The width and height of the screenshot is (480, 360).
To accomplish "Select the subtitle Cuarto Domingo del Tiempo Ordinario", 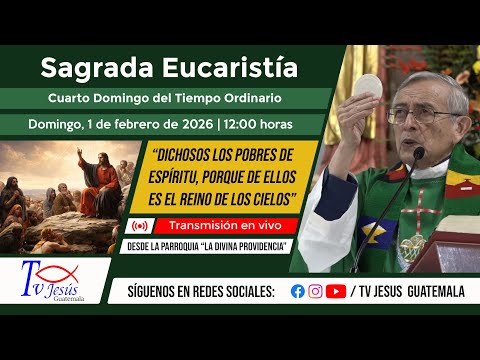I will coord(165,98).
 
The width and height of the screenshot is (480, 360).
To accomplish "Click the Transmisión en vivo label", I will coord(222,226).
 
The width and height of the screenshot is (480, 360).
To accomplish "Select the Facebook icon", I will coord(297,291).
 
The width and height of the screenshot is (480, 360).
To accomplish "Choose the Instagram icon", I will coord(315,291).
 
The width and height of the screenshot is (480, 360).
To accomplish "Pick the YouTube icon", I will coord(336,291).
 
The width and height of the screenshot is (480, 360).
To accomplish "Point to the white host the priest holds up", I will coord(368,88).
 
